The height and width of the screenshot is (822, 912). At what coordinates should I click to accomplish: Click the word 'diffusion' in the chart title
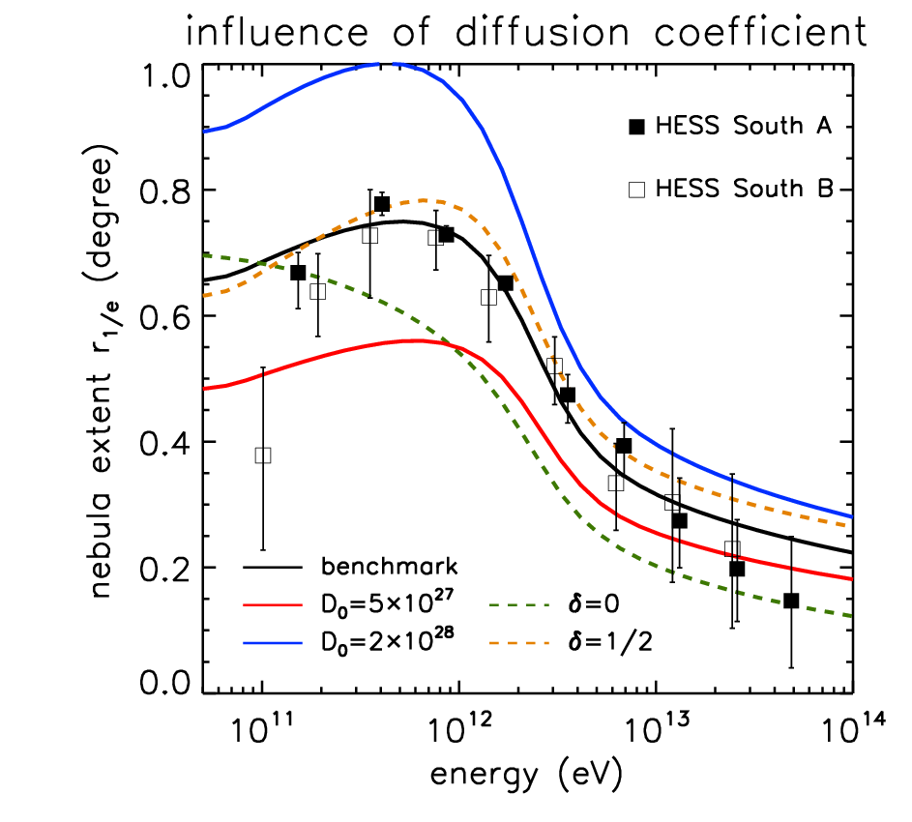point(543,31)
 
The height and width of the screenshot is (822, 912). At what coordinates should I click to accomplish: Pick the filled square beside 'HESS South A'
point(637,127)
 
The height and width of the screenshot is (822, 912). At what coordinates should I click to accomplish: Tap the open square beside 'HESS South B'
point(637,190)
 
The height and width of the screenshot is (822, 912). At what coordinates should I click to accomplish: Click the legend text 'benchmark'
point(389,566)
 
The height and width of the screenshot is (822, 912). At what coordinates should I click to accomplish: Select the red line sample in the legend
point(273,605)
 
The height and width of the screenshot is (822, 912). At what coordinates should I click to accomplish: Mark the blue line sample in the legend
point(273,643)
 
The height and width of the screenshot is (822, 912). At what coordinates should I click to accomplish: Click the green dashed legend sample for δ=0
point(518,605)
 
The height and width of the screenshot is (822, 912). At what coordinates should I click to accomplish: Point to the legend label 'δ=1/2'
point(610,642)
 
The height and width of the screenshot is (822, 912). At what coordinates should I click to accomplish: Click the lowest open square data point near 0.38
point(263,455)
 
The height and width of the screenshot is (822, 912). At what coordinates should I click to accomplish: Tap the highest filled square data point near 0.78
point(382,204)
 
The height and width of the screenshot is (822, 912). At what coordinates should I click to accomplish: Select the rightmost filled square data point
point(791,601)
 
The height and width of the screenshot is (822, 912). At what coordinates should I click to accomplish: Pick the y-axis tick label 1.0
point(165,76)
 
